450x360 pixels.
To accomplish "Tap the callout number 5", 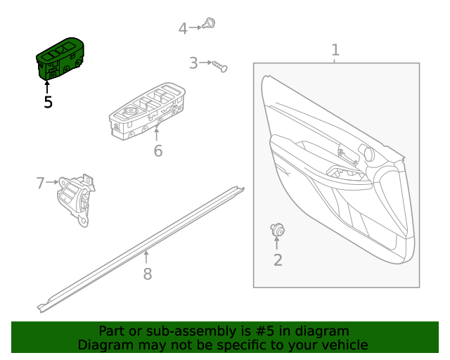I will point(48,102).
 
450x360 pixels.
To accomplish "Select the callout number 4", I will point(183,29).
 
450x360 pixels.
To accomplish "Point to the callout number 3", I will point(193,63).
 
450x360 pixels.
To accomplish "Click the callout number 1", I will point(335,50).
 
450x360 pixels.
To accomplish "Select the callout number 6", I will point(157,151).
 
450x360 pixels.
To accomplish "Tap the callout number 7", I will point(40,184).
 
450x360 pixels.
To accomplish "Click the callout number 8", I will point(147,274).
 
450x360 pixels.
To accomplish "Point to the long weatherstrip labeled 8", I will point(141,246).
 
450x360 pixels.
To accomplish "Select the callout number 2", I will point(277,261).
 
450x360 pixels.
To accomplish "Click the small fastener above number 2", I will point(277,229).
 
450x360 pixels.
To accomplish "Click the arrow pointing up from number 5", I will point(48,87).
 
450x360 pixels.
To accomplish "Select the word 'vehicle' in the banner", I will point(343,345).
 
